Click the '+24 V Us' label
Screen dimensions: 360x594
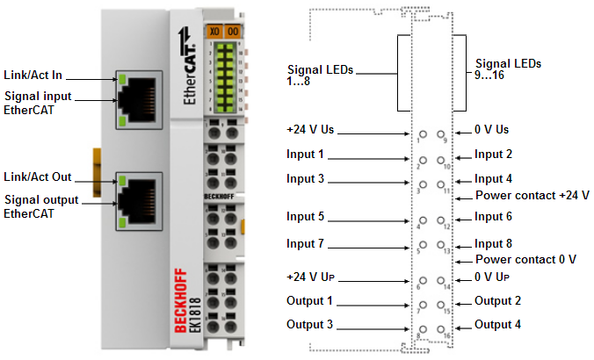click(310, 129)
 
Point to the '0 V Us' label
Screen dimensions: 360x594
click(491, 129)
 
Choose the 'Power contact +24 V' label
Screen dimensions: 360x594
click(532, 194)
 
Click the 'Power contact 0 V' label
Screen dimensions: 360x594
click(525, 259)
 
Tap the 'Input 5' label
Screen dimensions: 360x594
click(305, 216)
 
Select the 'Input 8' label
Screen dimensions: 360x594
click(492, 242)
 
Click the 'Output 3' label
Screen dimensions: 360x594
click(308, 324)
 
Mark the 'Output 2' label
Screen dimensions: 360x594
click(497, 300)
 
